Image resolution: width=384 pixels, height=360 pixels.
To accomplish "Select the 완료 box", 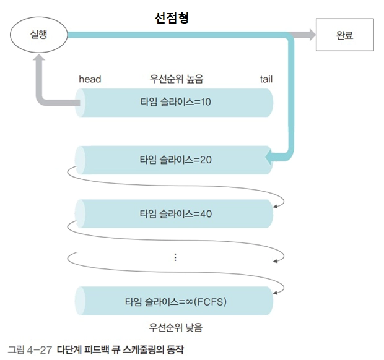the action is coord(344,35).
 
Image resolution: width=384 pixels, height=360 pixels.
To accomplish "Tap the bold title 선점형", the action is coord(171,18).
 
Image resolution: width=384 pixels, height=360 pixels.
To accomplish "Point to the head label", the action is coord(90,79).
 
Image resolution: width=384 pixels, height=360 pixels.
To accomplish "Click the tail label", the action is coord(266,79).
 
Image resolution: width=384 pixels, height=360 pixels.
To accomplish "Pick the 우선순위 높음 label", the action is coord(176,79).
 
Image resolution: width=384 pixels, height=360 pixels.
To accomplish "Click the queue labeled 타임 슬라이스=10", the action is coord(175,103).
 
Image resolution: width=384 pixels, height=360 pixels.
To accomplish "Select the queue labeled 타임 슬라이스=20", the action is coord(175,159).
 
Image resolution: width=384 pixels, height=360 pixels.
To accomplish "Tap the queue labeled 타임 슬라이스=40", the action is coord(175,214).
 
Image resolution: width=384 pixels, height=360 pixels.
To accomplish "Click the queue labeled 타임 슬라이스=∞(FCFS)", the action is coord(175,301).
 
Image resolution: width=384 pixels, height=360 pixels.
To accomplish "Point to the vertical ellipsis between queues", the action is coord(176,257).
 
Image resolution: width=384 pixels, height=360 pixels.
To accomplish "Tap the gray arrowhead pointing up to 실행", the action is coord(39,60).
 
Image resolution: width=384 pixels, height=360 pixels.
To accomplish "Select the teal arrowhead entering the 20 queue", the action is coord(270,159).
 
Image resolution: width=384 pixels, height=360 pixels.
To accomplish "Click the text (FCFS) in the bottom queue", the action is coord(211,301).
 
